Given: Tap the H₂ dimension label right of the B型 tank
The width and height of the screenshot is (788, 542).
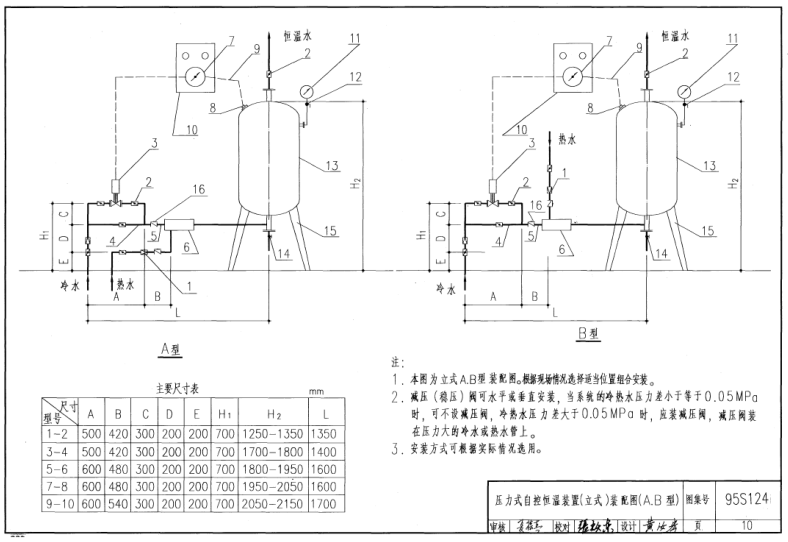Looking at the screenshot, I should (x=735, y=183).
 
